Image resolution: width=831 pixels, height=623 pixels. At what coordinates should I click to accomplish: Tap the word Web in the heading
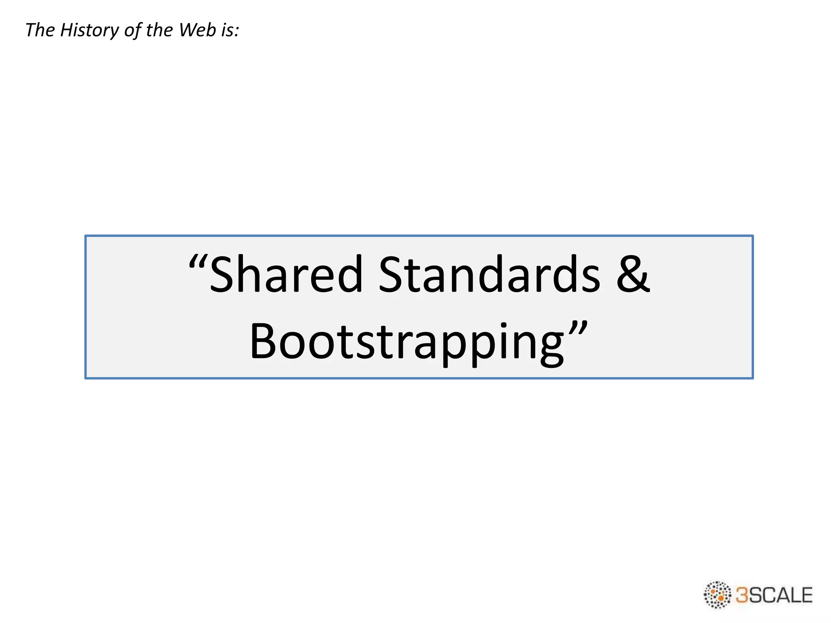tap(198, 30)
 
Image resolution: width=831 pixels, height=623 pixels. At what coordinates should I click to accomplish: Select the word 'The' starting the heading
tap(40, 30)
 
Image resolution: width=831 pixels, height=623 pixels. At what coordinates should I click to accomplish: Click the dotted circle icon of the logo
tap(717, 595)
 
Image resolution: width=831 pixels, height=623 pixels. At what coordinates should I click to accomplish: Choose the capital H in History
tap(67, 30)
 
